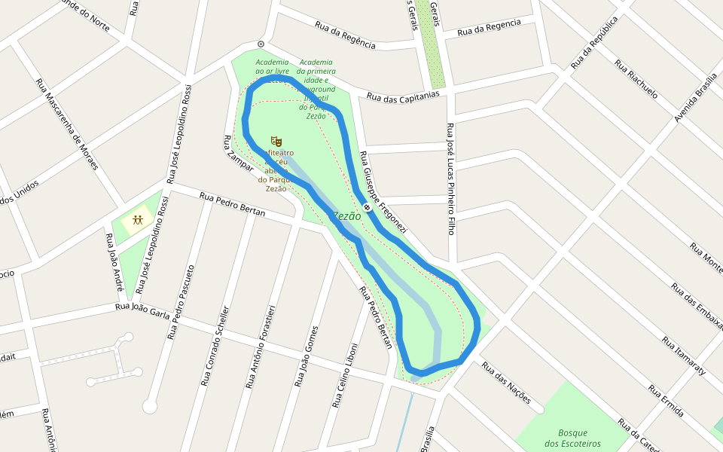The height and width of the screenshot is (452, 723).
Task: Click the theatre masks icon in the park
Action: (276, 141)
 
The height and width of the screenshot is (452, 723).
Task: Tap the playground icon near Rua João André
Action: (138, 221)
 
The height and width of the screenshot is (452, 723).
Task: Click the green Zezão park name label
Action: (346, 216)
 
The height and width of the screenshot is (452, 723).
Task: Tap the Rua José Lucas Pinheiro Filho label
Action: (450, 179)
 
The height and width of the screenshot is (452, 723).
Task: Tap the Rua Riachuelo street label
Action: (636, 79)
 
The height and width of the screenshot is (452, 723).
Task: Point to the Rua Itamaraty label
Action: (683, 356)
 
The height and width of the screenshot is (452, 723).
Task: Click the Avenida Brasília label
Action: (695, 98)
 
